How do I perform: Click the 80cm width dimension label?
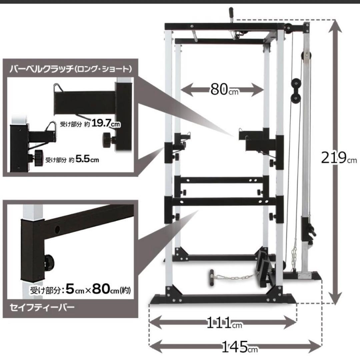click(x=224, y=89)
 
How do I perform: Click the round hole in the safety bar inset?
click(x=57, y=229)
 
